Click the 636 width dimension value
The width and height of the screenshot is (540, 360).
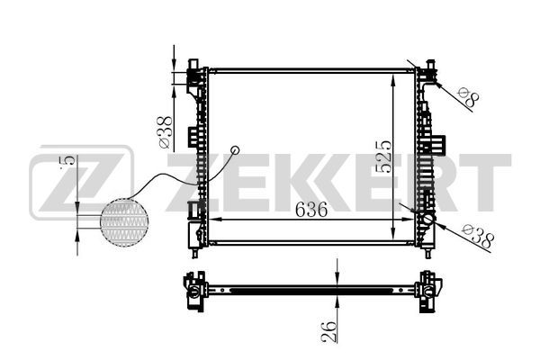tap(311, 210)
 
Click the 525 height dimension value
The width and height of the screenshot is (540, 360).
tap(383, 156)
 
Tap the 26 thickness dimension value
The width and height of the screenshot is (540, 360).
tap(328, 332)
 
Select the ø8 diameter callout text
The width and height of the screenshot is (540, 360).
tap(468, 97)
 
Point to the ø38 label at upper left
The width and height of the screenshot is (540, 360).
tap(165, 132)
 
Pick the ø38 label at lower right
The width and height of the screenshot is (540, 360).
tap(479, 236)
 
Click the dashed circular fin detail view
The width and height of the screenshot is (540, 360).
tap(124, 222)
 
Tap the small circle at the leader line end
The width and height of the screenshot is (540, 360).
tap(235, 150)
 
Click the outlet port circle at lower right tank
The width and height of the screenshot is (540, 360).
tap(427, 219)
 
